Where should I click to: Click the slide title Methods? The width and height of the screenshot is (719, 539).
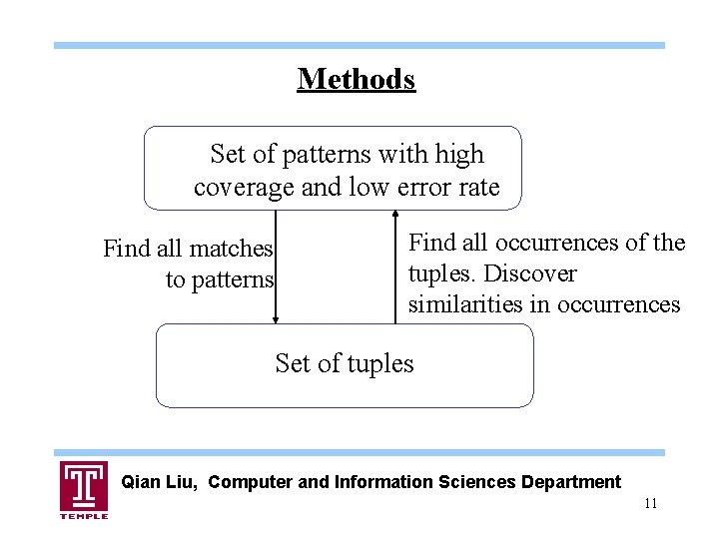coord(356,78)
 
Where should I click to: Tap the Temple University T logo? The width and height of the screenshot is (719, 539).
coord(84,485)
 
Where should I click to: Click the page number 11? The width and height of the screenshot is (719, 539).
coord(650,503)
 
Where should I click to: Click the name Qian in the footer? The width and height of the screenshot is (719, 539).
coord(140,482)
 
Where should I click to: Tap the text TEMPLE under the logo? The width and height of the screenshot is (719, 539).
coord(84,515)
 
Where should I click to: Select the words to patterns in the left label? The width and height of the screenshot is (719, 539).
coord(220,279)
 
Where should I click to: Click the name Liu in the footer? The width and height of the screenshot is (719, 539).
coord(183,482)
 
